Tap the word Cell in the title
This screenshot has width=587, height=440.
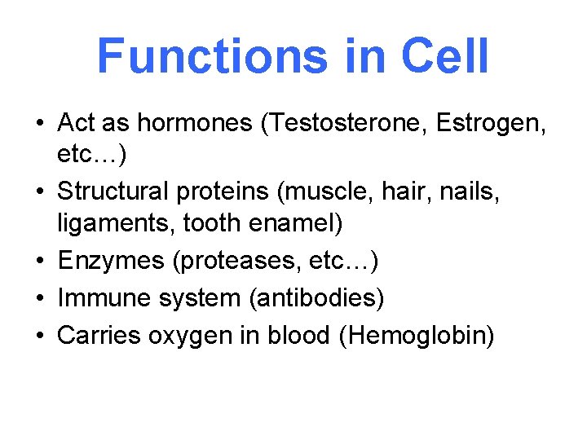pos(444,55)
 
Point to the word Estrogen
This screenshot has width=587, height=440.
pos(492,124)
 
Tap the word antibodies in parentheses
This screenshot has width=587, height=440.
pos(317,298)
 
